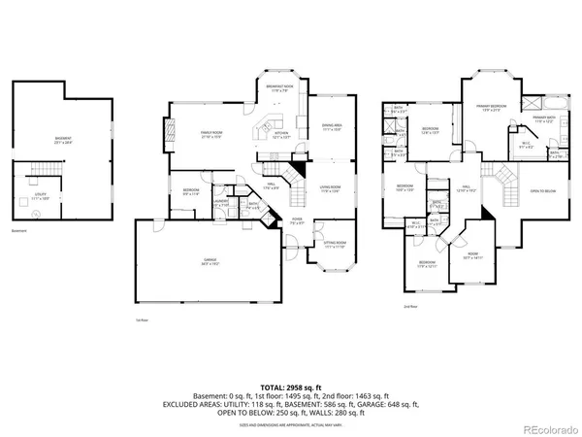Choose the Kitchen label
tap(280, 133)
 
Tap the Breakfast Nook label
tap(281, 87)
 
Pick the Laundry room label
tap(221, 203)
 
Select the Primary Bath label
tap(543, 119)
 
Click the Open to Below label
tap(541, 191)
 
